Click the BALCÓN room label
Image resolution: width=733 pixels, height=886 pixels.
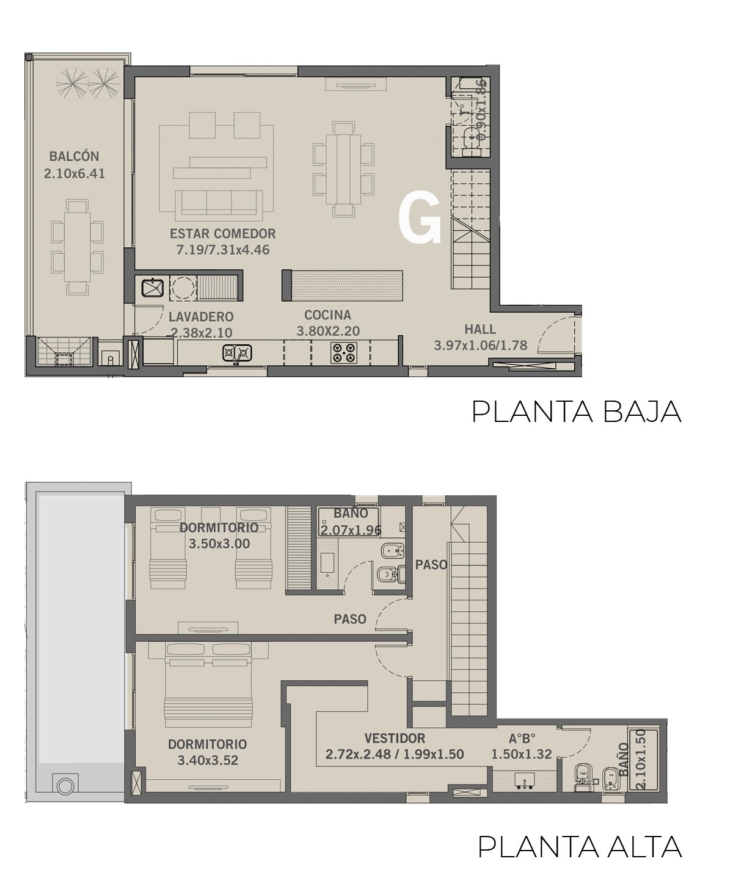[75, 156]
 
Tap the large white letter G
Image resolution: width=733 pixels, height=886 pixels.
[420, 217]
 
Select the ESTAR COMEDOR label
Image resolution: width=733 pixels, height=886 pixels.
[223, 233]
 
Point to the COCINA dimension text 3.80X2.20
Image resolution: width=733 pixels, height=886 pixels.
[328, 331]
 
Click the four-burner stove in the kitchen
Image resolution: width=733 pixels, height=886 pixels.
[344, 352]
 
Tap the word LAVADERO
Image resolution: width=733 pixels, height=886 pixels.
[201, 317]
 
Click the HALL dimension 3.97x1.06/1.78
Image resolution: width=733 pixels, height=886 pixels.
[481, 346]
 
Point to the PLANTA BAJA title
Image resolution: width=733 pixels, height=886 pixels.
[577, 412]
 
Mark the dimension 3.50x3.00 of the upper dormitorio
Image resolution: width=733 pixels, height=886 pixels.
[219, 544]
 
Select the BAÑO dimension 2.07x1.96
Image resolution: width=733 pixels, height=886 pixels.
[351, 531]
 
